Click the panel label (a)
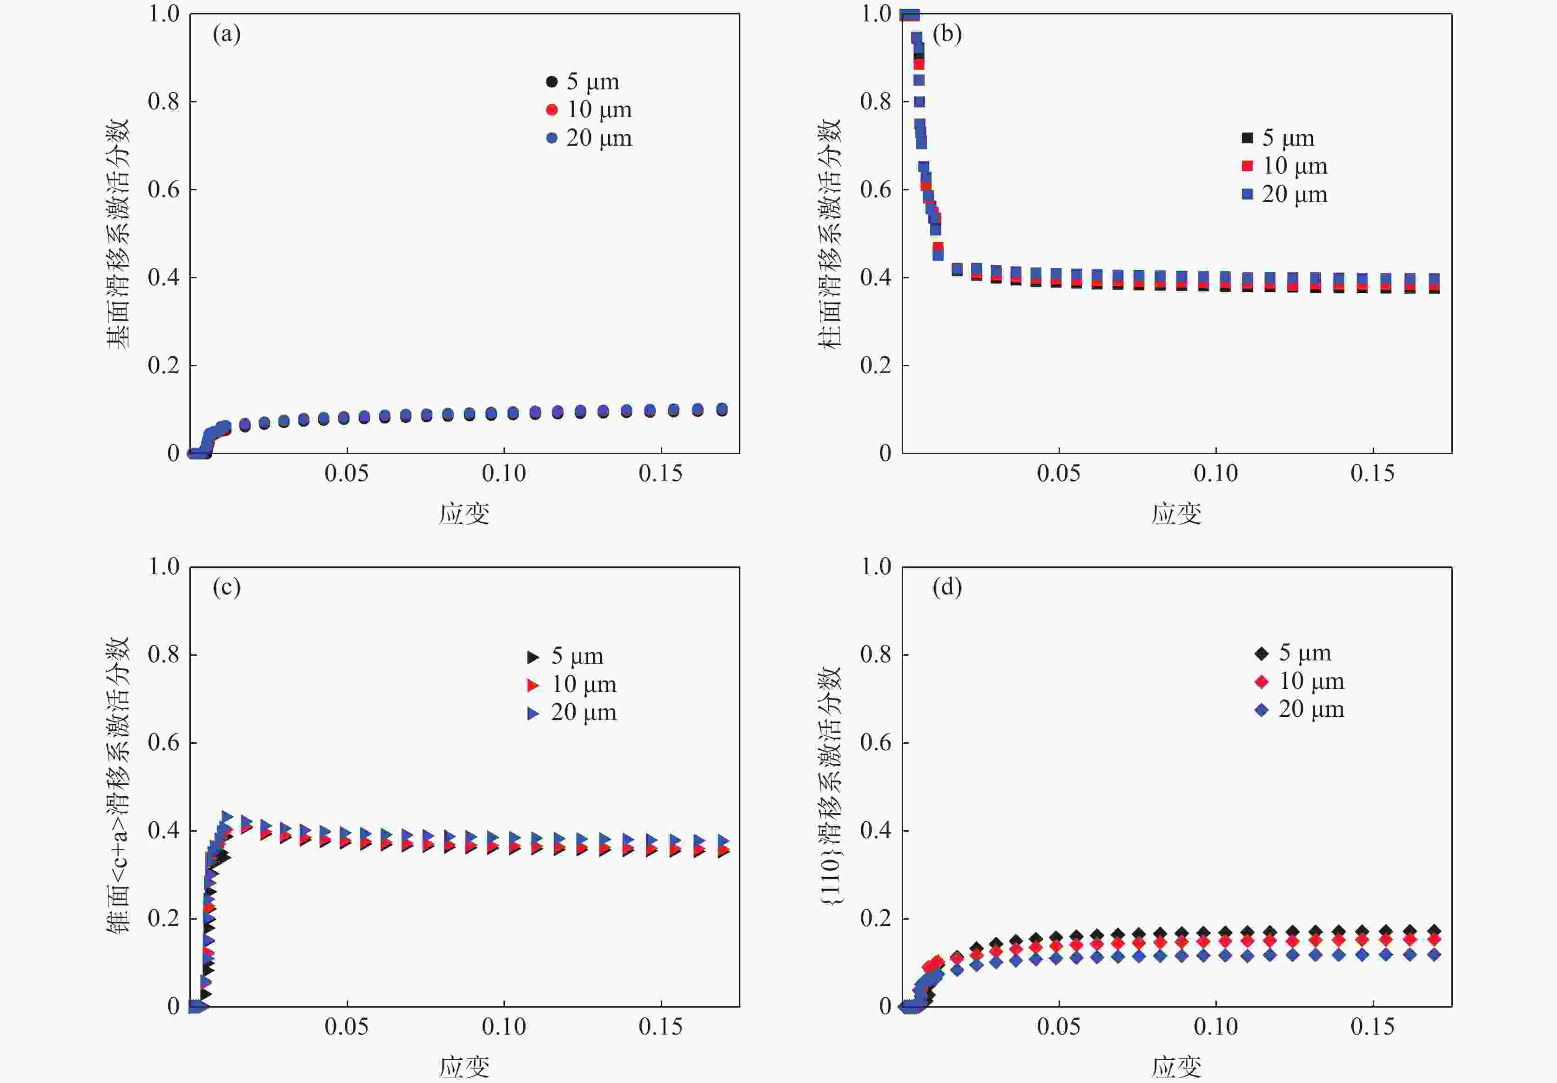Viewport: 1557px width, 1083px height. click(x=227, y=34)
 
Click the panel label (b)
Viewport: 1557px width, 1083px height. click(x=946, y=34)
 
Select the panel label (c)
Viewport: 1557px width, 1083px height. click(x=227, y=587)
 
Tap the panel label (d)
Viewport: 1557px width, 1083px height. click(x=946, y=587)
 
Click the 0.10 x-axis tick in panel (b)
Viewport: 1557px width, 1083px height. click(x=1215, y=473)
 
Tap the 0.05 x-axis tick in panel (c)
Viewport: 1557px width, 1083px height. click(x=347, y=1027)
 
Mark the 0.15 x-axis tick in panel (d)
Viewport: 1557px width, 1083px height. click(x=1373, y=1027)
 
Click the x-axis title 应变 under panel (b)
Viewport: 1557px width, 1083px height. click(x=1176, y=514)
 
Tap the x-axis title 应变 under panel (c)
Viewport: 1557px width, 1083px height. click(x=464, y=1067)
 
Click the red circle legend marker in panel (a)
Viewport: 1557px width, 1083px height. click(x=551, y=110)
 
